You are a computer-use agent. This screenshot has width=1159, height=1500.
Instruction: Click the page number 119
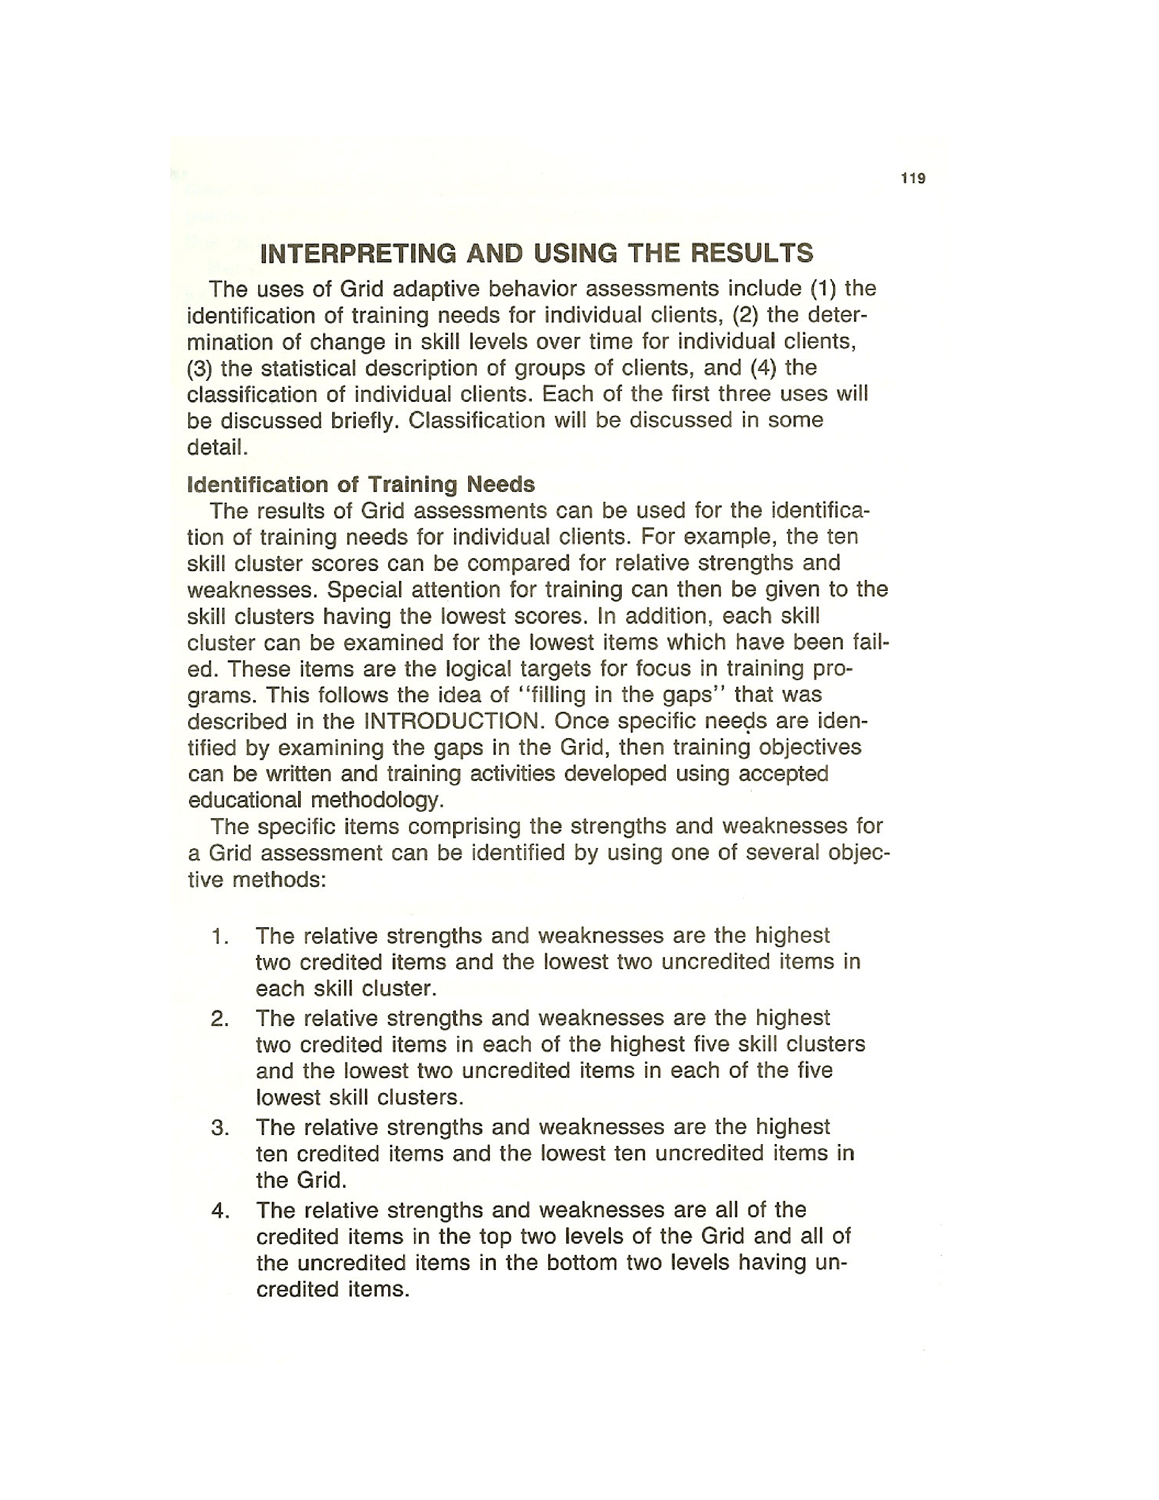pos(913,179)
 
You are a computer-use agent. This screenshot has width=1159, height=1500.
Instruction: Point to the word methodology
pos(377,800)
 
